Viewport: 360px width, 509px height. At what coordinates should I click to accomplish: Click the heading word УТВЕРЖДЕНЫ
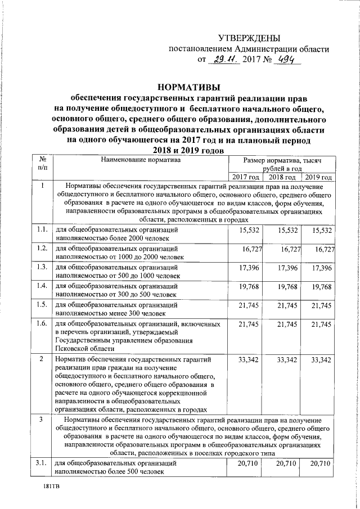pyautogui.click(x=248, y=38)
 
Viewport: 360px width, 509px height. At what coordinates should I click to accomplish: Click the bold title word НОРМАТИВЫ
pyautogui.click(x=189, y=87)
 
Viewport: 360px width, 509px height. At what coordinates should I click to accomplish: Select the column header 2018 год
pyautogui.click(x=283, y=177)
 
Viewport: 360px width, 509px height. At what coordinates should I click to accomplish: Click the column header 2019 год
pyautogui.click(x=318, y=177)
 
